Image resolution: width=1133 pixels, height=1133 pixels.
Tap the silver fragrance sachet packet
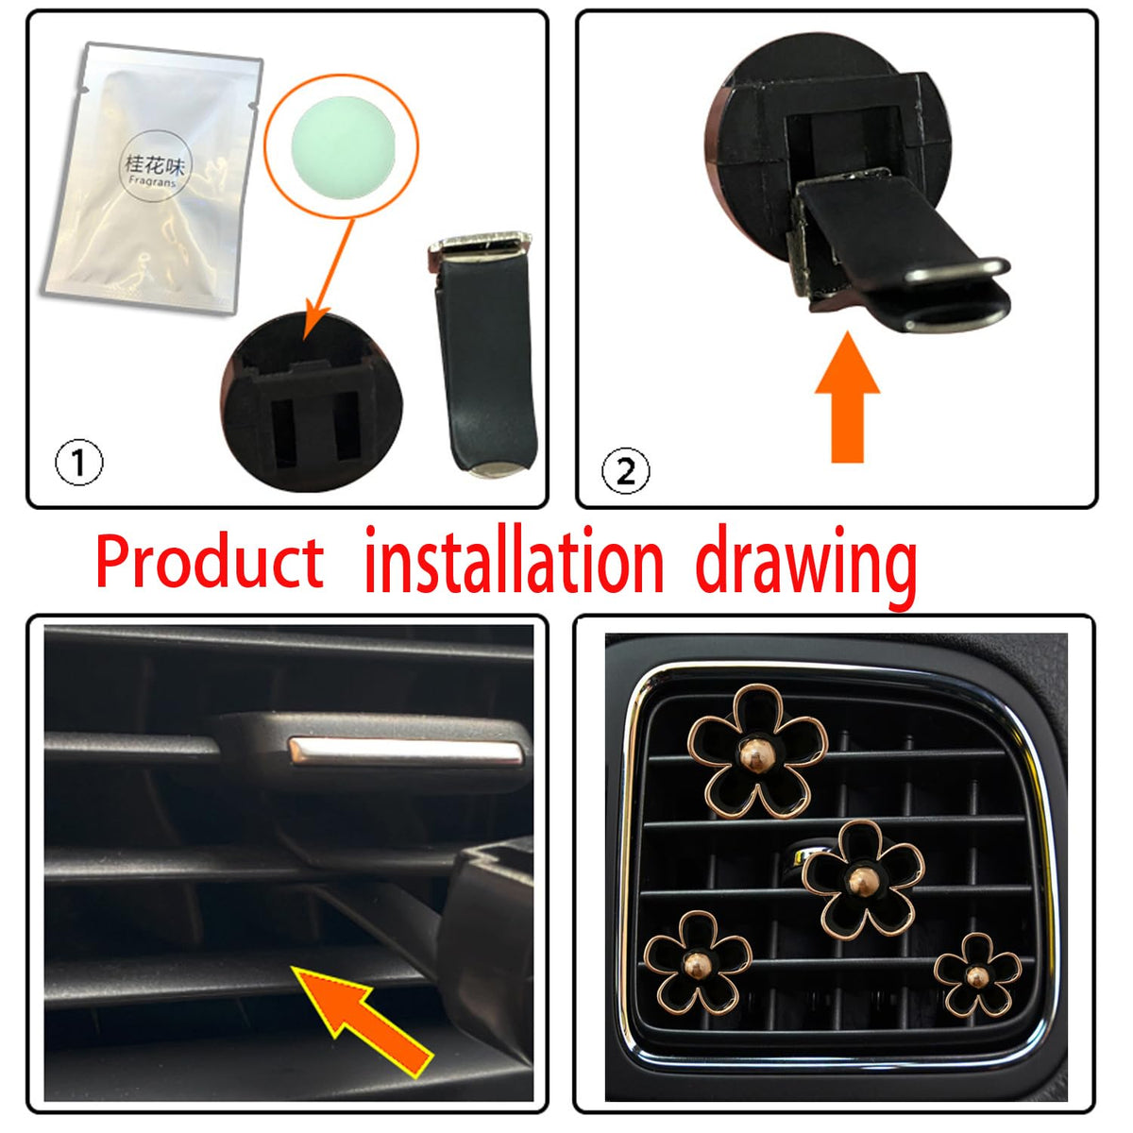(x=154, y=177)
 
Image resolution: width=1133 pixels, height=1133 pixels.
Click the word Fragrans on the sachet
(x=152, y=181)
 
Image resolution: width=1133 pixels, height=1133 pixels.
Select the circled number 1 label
(x=78, y=462)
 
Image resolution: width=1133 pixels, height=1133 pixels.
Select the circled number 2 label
(x=626, y=470)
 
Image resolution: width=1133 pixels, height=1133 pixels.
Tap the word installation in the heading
(x=514, y=559)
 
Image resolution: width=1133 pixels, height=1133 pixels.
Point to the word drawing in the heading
(x=805, y=566)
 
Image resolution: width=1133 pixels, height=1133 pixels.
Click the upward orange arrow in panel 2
(x=847, y=397)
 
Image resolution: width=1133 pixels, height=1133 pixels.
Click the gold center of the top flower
(x=756, y=756)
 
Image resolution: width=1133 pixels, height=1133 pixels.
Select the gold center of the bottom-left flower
(x=698, y=965)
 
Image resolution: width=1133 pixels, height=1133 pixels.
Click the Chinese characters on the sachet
(x=155, y=164)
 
